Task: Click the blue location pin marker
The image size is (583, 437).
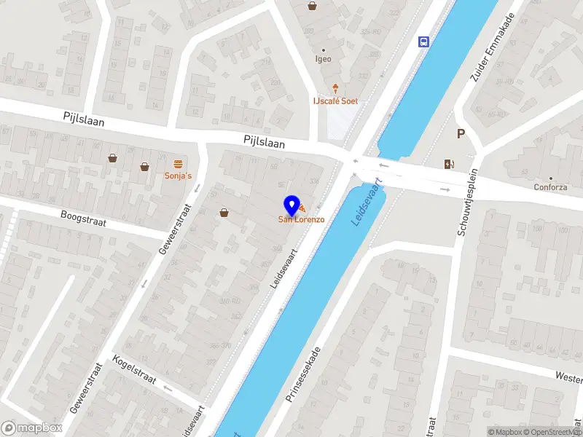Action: point(291,205)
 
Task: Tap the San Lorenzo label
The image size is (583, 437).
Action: point(301,219)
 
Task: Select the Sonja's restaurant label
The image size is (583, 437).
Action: point(178,176)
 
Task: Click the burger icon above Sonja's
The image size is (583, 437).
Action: point(178,162)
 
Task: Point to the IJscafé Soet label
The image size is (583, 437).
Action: point(335,101)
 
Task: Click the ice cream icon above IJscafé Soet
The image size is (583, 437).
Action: point(335,88)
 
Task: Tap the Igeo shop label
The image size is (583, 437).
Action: point(322,59)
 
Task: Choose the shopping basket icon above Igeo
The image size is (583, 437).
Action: point(313,6)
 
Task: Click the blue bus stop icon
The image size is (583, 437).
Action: point(423,42)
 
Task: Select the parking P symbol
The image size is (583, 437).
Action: point(461,133)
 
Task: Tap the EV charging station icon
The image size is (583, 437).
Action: point(447,164)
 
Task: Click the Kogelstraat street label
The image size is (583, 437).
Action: point(136,369)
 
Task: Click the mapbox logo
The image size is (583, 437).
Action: point(31,428)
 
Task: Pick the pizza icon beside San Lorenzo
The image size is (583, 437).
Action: point(302,210)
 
